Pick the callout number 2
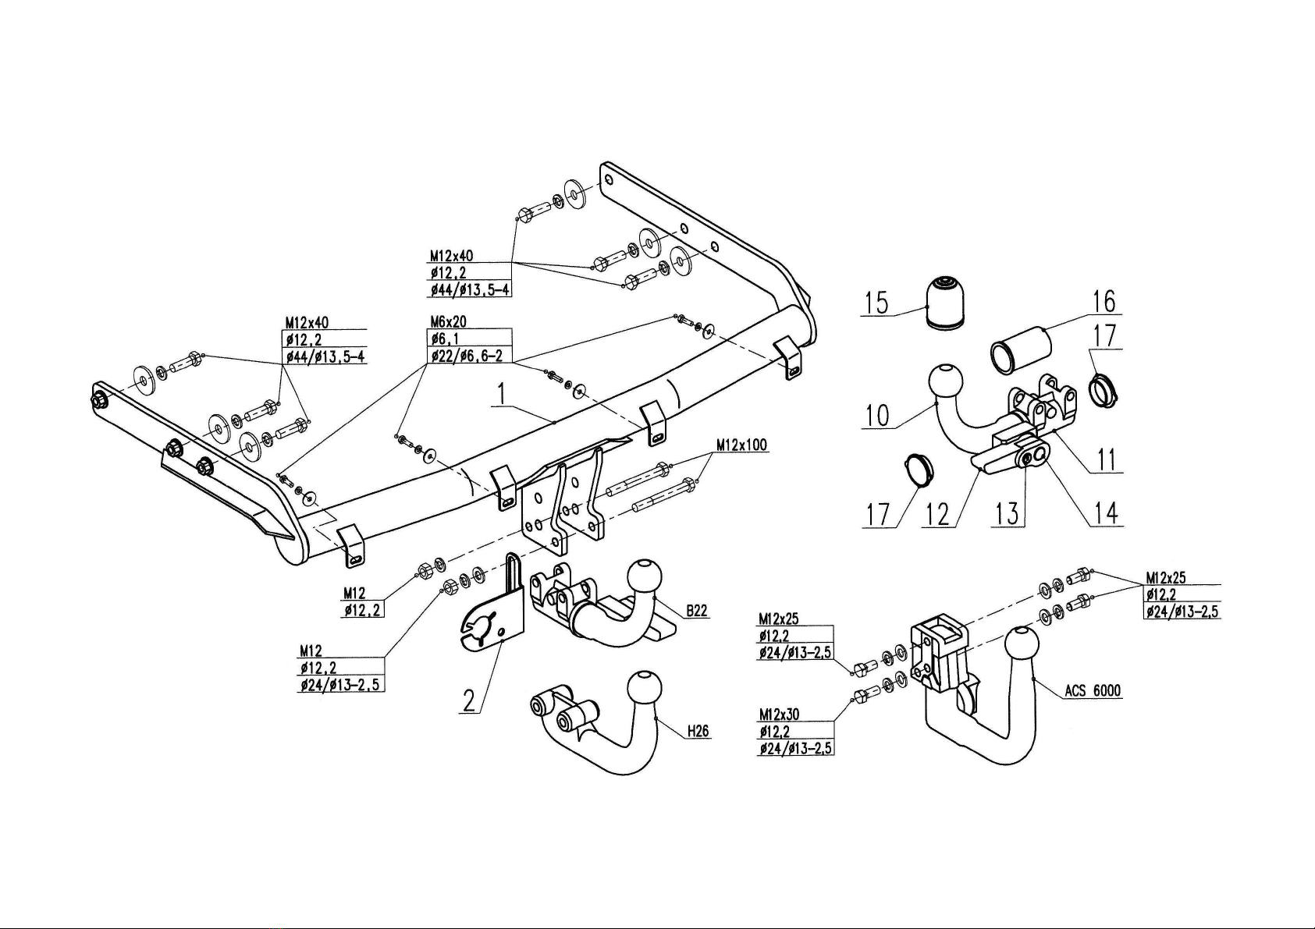click(x=468, y=701)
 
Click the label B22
click(x=697, y=611)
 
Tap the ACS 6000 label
click(x=1093, y=691)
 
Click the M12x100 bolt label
click(x=741, y=445)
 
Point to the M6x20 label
click(x=448, y=321)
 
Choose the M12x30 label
click(x=778, y=714)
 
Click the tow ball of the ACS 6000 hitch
click(x=1022, y=645)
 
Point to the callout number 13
click(x=1008, y=514)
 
